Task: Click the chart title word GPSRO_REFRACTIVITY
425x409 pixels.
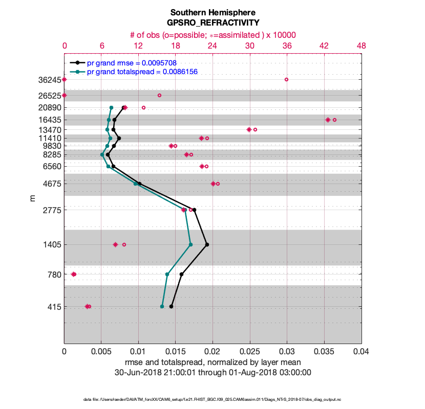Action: point(213,22)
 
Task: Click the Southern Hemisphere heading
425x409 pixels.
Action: point(213,12)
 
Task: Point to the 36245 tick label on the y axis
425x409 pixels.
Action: point(49,80)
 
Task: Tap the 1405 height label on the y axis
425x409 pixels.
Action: point(51,245)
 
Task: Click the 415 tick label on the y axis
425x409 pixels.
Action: point(53,307)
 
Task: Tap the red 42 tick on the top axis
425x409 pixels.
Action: point(324,46)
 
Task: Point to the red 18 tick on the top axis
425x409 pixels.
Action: point(176,46)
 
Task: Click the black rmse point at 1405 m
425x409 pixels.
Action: point(207,244)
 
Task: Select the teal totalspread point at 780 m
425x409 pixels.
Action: point(167,275)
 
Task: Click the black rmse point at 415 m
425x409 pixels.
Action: point(171,306)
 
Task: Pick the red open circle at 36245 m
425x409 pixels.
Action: point(286,79)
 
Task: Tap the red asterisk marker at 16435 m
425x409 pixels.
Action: point(328,120)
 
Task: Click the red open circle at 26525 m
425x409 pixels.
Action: point(159,95)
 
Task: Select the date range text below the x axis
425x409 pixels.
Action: point(213,373)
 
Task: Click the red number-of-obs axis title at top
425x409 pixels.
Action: point(213,35)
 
